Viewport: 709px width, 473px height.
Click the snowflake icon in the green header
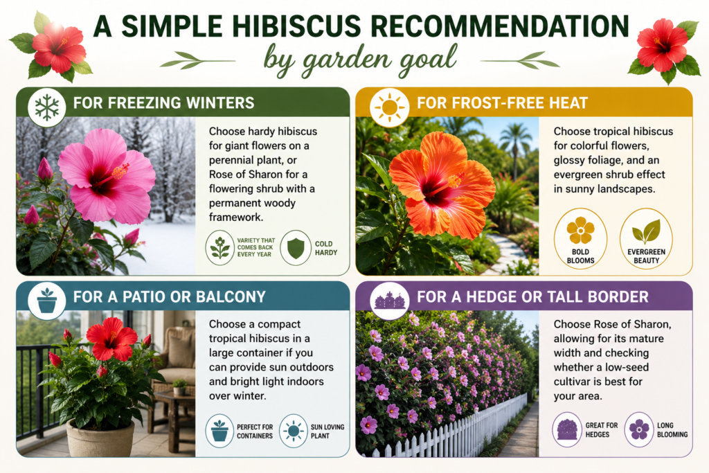[x=46, y=107]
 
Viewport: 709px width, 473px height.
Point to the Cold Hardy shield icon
[x=296, y=248]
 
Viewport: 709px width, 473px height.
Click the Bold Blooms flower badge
[x=581, y=238]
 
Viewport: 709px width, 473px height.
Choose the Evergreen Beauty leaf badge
[x=646, y=238]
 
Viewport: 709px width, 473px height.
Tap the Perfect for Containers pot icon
[x=219, y=431]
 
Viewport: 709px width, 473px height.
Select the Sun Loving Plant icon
[x=294, y=431]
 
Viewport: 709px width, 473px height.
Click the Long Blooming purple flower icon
[x=639, y=429]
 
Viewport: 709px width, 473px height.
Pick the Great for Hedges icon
[x=567, y=429]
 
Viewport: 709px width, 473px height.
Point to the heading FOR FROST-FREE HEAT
[x=503, y=103]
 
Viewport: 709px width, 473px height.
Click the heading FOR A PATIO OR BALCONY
[x=169, y=296]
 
